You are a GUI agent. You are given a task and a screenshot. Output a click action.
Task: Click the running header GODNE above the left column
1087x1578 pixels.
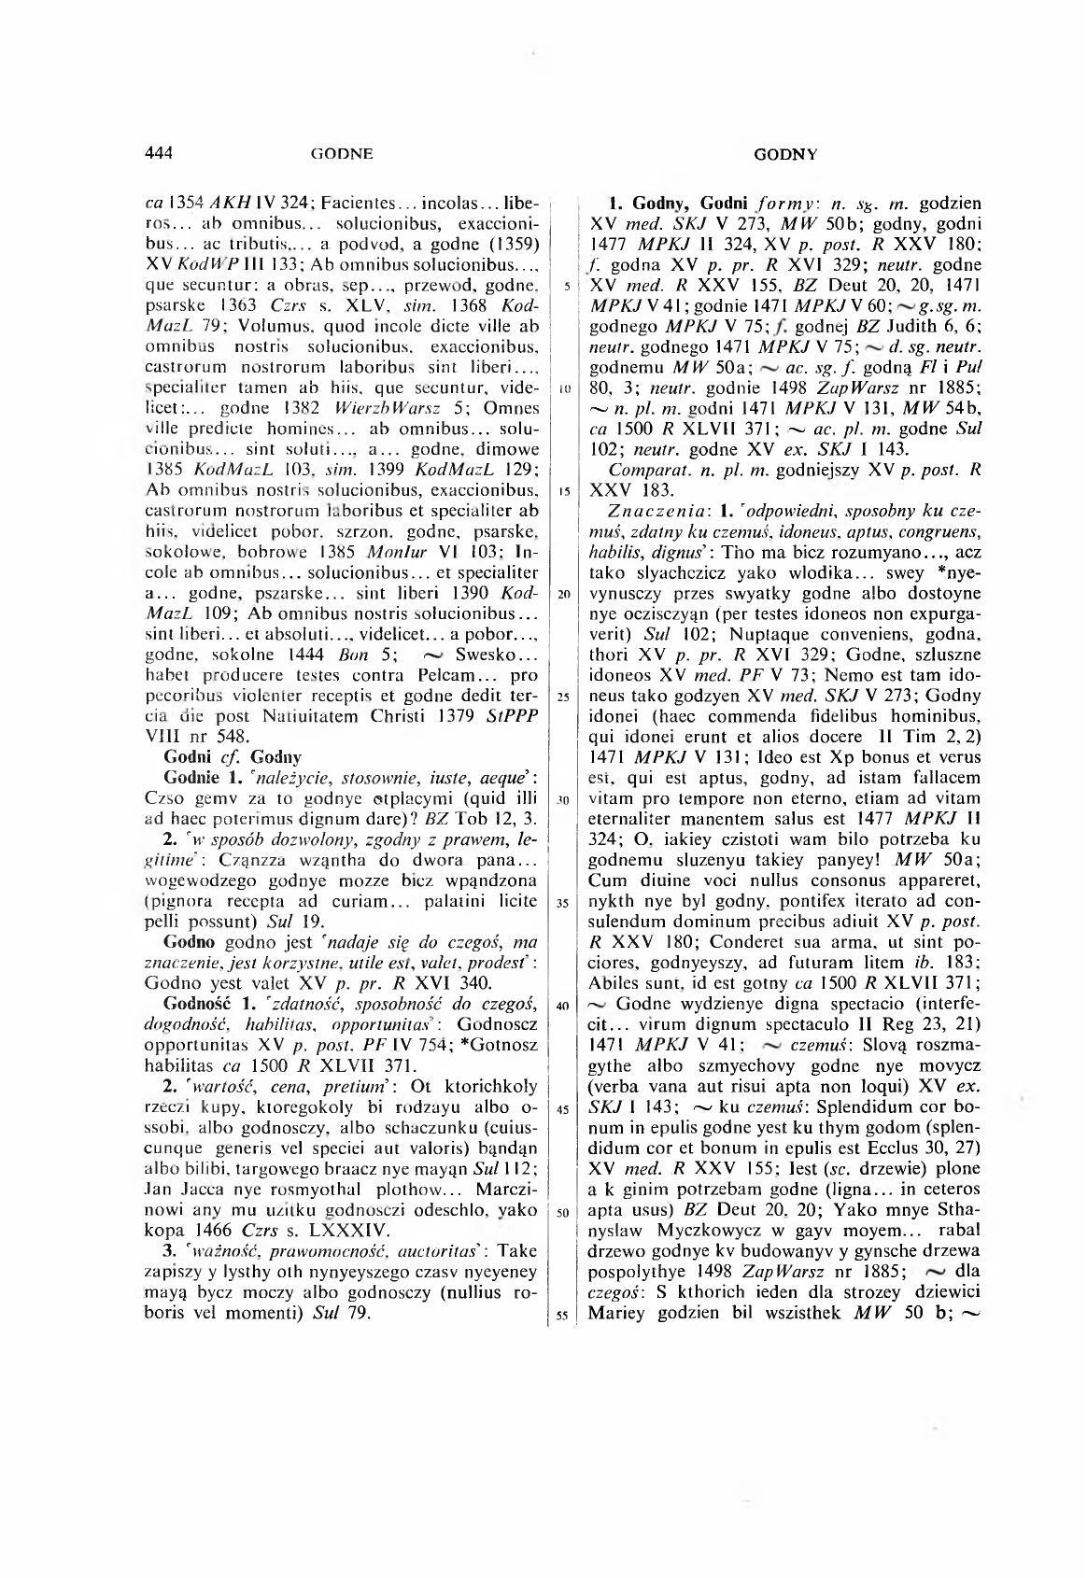pos(342,153)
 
